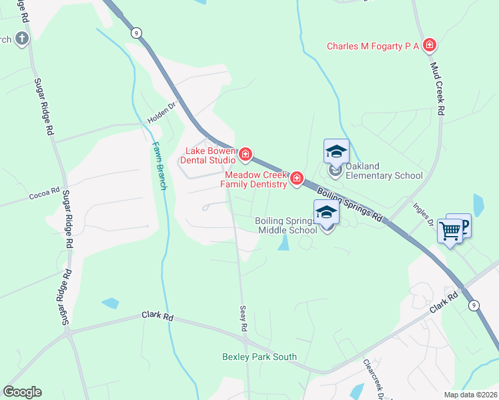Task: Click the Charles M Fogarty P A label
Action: tap(372, 46)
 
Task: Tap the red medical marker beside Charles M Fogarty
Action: tap(430, 45)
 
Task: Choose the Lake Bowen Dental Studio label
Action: tap(210, 155)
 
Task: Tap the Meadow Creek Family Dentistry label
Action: tap(254, 179)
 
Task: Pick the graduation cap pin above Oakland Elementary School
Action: tap(336, 152)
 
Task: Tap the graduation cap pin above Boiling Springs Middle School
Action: tap(326, 212)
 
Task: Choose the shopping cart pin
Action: tap(450, 231)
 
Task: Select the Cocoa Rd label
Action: tap(45, 197)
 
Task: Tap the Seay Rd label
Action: tap(243, 319)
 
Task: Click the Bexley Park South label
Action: tap(260, 357)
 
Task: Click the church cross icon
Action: tap(21, 38)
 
